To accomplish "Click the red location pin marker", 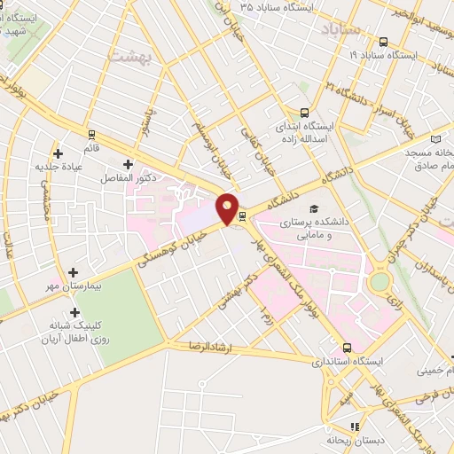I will pos(228,209).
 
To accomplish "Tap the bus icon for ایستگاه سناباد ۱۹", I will pos(383,42).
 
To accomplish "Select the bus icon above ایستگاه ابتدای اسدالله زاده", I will pos(304,113).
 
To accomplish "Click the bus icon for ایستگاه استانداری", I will pos(347,348).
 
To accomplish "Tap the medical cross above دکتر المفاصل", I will pos(129,164).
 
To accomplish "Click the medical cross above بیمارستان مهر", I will pos(74,271).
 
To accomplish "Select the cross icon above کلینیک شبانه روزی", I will pos(74,312).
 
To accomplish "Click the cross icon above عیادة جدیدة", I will pos(58,153).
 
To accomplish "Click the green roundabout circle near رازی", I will pos(380,283).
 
